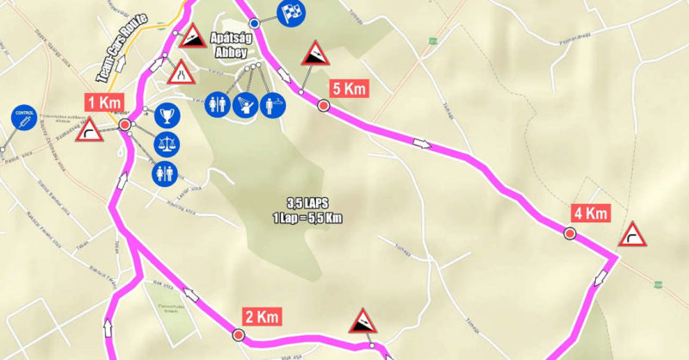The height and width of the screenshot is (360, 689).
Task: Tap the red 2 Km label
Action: click(x=261, y=316)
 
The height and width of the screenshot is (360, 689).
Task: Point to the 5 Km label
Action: click(x=350, y=89)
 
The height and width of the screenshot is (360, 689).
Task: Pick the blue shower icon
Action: click(x=272, y=103)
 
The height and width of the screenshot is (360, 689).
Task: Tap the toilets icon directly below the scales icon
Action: click(x=165, y=173)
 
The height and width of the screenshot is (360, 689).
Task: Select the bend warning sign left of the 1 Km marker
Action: click(x=89, y=130)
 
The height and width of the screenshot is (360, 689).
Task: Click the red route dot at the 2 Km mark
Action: click(x=239, y=333)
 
